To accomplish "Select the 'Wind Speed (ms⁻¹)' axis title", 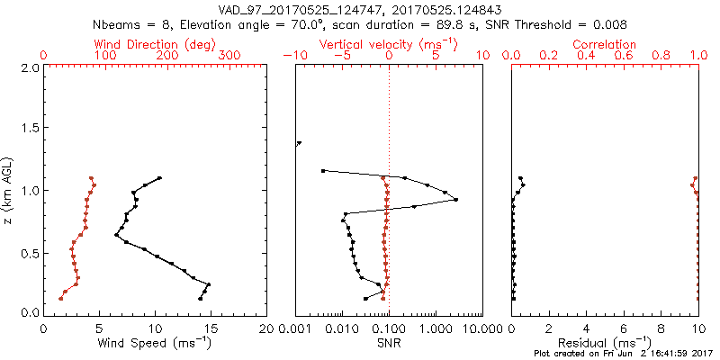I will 155,342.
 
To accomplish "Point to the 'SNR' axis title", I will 388,342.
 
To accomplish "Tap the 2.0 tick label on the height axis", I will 29,67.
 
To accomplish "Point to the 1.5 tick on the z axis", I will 29,129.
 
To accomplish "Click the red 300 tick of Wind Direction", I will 229,56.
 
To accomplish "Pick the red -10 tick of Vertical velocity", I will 294,56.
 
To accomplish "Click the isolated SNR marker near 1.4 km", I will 299,143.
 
